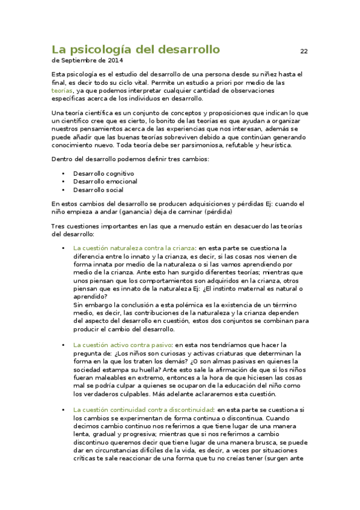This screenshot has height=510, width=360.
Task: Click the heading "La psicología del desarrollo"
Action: click(136, 49)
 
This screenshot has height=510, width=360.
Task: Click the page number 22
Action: click(304, 51)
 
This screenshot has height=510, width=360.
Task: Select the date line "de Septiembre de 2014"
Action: click(88, 61)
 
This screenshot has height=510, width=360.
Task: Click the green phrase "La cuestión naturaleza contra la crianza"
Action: click(134, 248)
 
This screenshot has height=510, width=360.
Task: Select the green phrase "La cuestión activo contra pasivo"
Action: click(122, 345)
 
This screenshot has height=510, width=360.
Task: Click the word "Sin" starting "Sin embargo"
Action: click(78, 305)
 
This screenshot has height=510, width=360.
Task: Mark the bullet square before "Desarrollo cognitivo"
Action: click(63, 174)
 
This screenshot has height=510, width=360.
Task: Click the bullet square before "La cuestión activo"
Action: click(63, 346)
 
